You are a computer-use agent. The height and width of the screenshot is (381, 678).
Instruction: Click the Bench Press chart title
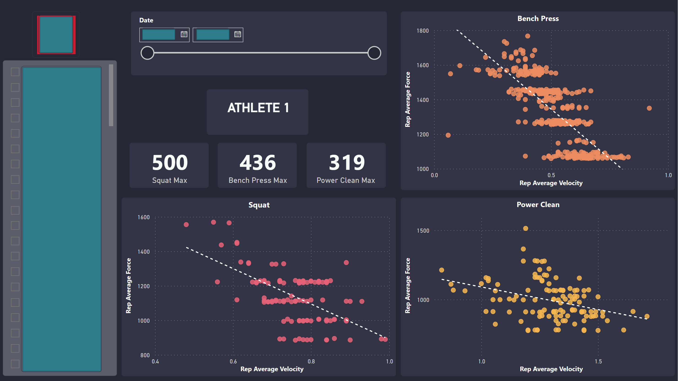pyautogui.click(x=538, y=19)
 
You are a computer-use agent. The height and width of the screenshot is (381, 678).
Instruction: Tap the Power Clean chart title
pyautogui.click(x=538, y=205)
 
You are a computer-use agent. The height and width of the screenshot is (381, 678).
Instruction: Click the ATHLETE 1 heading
pyautogui.click(x=258, y=108)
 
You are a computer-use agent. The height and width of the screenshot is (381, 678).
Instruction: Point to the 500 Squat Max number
pyautogui.click(x=170, y=162)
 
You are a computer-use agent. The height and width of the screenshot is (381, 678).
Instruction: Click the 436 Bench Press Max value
pyautogui.click(x=257, y=162)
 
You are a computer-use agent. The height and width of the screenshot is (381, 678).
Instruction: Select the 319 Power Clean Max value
pyautogui.click(x=347, y=162)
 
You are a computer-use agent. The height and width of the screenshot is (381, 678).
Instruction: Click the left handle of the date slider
pyautogui.click(x=147, y=53)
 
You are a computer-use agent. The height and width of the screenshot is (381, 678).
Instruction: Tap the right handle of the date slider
pyautogui.click(x=374, y=53)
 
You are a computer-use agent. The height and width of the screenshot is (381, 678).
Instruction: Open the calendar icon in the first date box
pyautogui.click(x=184, y=34)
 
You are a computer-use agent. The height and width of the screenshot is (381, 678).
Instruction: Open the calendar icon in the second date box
pyautogui.click(x=237, y=34)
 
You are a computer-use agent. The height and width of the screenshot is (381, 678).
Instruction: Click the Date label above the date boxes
pyautogui.click(x=146, y=20)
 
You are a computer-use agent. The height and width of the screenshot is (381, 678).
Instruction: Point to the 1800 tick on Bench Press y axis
pyautogui.click(x=422, y=31)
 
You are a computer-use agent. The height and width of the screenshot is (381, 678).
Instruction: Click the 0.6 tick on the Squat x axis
pyautogui.click(x=233, y=361)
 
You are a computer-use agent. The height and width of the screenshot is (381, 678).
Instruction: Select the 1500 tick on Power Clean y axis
pyautogui.click(x=423, y=231)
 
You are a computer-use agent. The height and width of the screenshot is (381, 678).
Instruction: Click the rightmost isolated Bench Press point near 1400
pyautogui.click(x=649, y=108)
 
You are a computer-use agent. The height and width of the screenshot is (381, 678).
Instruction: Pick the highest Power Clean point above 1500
pyautogui.click(x=525, y=228)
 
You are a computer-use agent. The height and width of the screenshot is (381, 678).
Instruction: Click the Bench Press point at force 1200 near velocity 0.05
pyautogui.click(x=448, y=135)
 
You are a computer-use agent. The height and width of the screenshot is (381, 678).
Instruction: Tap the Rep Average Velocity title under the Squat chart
pyautogui.click(x=272, y=369)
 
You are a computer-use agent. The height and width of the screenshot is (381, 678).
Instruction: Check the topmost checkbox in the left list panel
pyautogui.click(x=15, y=72)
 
